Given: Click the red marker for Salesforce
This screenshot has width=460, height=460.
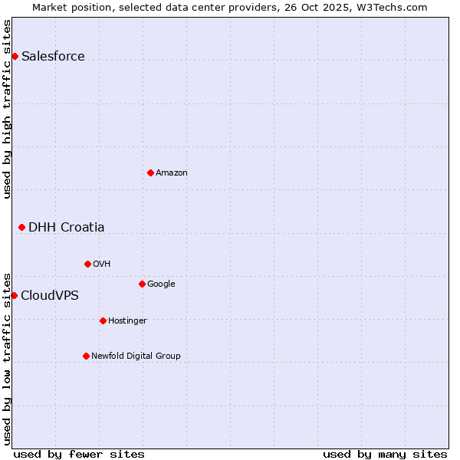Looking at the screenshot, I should (15, 56).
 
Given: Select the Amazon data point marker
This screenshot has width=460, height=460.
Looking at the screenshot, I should (150, 172).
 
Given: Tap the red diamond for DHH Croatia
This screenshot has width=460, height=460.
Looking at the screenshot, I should (21, 227).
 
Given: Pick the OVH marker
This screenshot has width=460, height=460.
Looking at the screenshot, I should (87, 264).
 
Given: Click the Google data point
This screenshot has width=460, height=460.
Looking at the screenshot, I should (142, 284).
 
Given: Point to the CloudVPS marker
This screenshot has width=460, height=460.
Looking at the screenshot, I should (14, 295).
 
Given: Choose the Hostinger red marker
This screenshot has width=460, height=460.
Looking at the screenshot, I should (103, 320).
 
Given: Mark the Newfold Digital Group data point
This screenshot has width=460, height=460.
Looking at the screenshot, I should (86, 356).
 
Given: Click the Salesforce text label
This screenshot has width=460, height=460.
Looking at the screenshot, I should (53, 56).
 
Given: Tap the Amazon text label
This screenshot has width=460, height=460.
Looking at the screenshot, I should (172, 172).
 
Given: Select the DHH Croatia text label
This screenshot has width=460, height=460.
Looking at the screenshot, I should (67, 227).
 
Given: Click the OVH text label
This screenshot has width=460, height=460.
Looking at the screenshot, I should (102, 264).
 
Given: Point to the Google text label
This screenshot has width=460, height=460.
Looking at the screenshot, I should (161, 284).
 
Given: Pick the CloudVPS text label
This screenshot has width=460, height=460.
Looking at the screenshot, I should (50, 295).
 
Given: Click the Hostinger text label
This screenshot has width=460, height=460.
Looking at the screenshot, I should (127, 320).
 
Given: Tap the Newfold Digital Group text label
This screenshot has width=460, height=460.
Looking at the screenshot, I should (136, 356).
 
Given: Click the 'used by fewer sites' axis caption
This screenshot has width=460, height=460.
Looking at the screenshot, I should (79, 454).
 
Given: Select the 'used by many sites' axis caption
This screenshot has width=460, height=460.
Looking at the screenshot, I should (385, 454).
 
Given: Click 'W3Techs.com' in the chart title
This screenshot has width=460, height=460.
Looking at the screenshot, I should (396, 7).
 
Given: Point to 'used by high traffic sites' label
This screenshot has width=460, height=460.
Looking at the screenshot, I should (7, 109).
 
